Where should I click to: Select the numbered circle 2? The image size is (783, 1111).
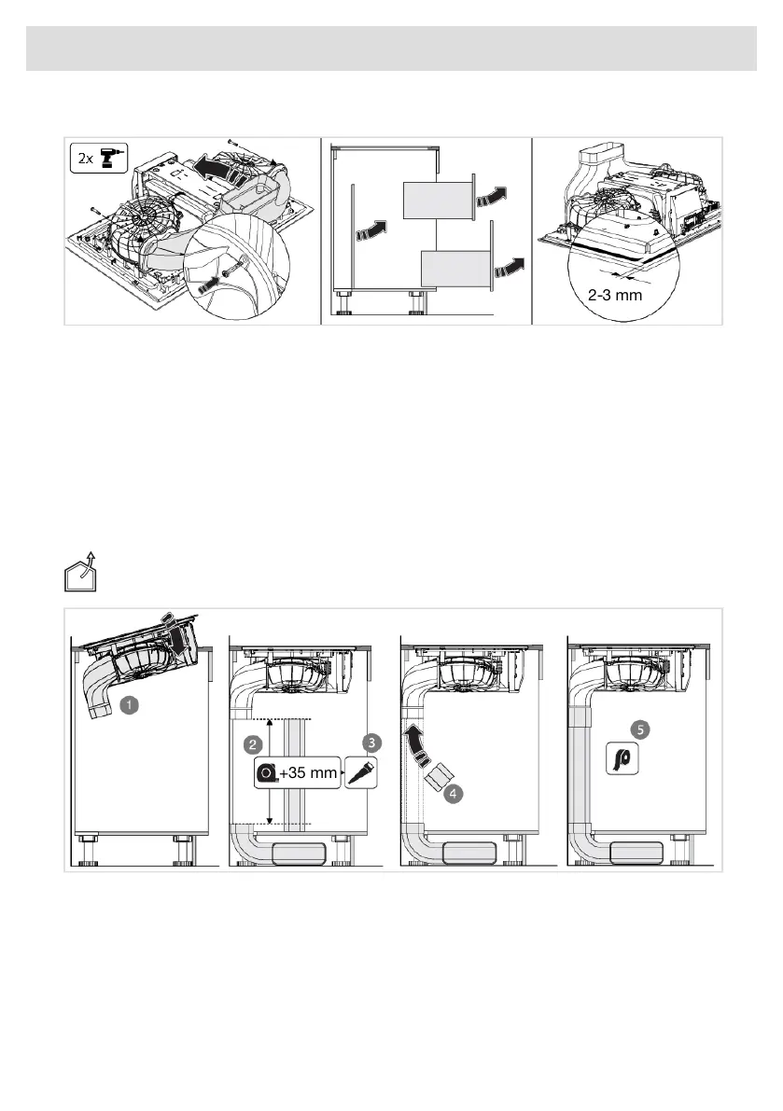click(250, 744)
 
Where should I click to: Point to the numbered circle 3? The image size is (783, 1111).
click(371, 742)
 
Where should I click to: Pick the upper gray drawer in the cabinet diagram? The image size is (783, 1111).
click(435, 200)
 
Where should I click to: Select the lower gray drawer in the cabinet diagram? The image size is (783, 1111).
click(455, 269)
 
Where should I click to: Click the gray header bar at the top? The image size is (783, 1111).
click(391, 48)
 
